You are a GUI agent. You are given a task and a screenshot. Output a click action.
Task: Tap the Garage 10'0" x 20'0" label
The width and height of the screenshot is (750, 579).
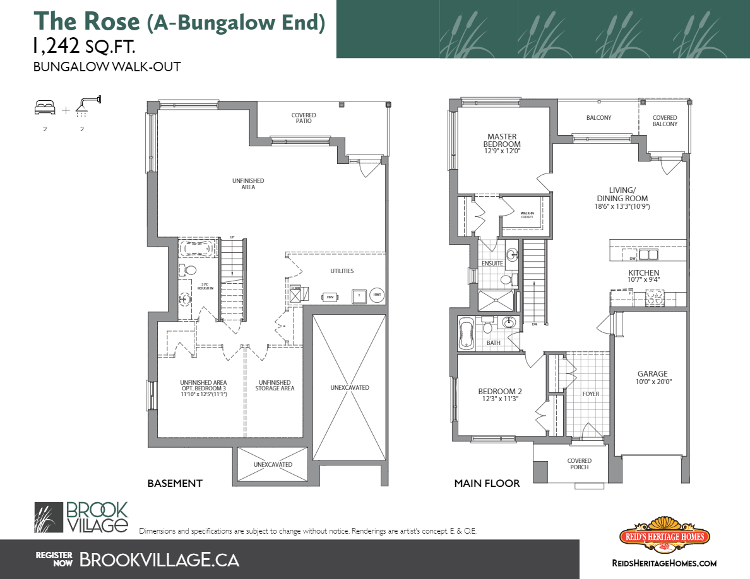point(652,377)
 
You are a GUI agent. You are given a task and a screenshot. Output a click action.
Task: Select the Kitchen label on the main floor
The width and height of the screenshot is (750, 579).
point(643,276)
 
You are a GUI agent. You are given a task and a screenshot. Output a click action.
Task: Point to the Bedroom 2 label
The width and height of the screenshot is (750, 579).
point(499,395)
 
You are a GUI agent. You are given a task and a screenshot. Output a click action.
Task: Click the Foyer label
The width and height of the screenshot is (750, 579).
point(590,394)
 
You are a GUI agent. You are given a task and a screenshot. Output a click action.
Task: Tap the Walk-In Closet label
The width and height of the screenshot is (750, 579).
point(527,215)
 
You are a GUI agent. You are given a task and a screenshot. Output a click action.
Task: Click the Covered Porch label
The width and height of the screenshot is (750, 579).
point(579,464)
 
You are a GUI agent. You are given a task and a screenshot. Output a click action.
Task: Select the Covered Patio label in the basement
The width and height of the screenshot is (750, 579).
point(304,118)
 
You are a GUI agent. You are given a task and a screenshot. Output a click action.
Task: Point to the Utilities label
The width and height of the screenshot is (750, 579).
point(342,271)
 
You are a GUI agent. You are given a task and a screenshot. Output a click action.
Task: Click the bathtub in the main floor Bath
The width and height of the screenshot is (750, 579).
point(466,332)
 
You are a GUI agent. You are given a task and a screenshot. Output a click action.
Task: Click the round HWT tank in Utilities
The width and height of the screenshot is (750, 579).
point(377,295)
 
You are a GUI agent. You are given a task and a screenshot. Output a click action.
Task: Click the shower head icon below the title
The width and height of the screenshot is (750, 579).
point(87,106)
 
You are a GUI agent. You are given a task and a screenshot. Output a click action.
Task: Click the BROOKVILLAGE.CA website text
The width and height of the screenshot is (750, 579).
point(159,559)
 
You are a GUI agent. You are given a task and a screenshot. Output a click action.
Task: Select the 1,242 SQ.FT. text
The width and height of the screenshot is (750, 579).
point(84,46)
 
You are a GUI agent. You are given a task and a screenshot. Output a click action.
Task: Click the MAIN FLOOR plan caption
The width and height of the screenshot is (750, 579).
point(487,484)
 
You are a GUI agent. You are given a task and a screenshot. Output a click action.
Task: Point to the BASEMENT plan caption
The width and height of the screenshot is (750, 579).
point(175,484)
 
